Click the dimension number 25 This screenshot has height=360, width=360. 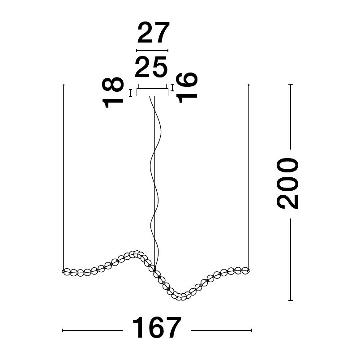click(x=151, y=67)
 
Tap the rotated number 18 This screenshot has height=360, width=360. click(x=113, y=92)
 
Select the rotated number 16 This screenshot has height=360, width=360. click(x=187, y=87)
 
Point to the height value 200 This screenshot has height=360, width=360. click(x=287, y=184)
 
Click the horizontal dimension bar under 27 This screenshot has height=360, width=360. click(x=152, y=51)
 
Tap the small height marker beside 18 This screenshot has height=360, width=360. click(x=130, y=93)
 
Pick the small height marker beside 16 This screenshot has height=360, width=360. click(x=172, y=87)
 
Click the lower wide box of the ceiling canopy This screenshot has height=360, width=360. click(x=152, y=92)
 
